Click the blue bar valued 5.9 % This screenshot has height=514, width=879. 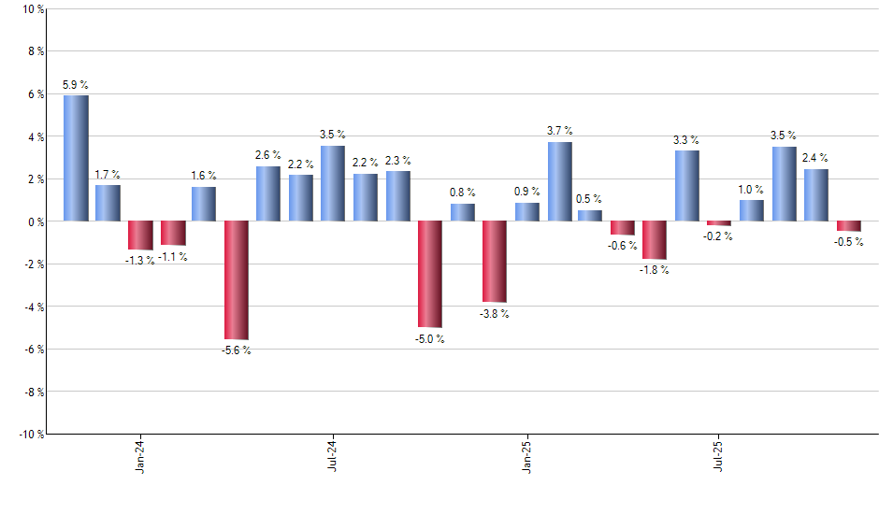click(x=76, y=158)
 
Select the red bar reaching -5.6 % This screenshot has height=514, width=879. click(x=237, y=279)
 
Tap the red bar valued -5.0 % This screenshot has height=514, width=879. click(x=430, y=274)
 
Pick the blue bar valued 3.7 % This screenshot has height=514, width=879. click(x=559, y=181)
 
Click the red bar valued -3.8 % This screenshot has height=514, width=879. click(x=495, y=261)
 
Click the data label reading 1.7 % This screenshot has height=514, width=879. click(x=108, y=175)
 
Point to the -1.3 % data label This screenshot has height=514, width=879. click(x=141, y=260)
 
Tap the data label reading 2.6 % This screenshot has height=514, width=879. click(x=268, y=155)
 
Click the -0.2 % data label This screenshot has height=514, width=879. click(x=719, y=236)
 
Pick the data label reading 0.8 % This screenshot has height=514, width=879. click(x=462, y=193)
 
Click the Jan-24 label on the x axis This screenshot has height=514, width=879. click(x=140, y=457)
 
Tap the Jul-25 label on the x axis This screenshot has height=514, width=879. click(x=719, y=457)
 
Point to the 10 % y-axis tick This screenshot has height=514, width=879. click(x=32, y=9)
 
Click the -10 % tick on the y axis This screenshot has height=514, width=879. click(x=30, y=434)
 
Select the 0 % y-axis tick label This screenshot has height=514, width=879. click(x=35, y=221)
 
